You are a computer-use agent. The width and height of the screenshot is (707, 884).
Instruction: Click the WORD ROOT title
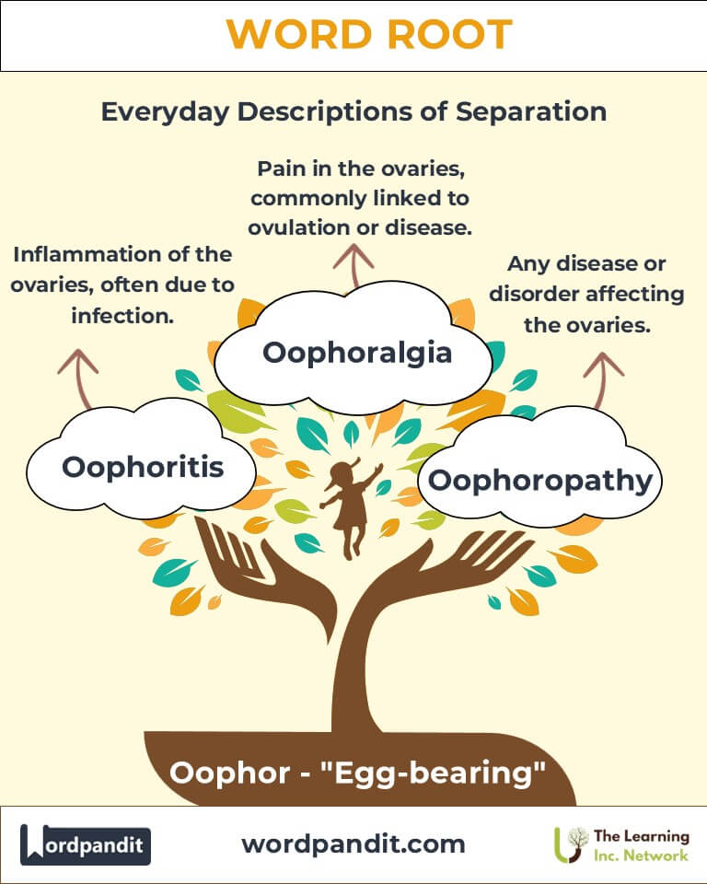[369, 34]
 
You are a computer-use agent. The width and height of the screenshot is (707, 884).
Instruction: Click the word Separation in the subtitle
[530, 111]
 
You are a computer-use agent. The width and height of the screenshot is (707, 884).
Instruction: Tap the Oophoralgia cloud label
[357, 354]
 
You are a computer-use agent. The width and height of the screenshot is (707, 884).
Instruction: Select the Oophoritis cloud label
[143, 468]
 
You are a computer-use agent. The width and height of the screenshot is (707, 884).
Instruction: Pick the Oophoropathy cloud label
[540, 481]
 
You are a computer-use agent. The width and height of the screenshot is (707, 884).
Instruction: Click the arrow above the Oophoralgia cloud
[353, 265]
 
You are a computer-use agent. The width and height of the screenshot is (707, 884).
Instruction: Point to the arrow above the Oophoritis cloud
[79, 378]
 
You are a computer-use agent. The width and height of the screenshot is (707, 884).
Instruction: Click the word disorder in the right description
[531, 294]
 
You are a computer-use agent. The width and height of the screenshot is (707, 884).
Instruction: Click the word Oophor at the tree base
[229, 773]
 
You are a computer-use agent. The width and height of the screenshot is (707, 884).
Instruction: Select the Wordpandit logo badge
[85, 844]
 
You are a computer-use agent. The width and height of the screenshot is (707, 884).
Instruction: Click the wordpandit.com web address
[353, 844]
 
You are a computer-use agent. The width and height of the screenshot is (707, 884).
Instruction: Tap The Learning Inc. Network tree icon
[571, 844]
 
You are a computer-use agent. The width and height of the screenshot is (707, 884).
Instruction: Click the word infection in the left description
[122, 316]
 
